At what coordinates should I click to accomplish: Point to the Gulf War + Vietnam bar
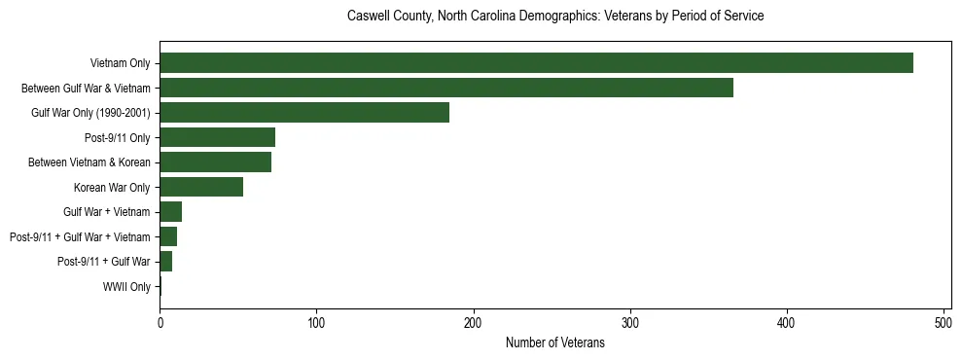click(171, 212)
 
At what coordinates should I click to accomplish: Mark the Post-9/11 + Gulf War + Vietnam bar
click(168, 236)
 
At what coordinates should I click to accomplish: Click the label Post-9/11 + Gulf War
click(103, 262)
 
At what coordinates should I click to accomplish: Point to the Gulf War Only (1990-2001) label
click(90, 113)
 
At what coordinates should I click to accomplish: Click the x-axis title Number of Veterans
click(554, 343)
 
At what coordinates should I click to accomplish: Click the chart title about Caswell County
click(554, 17)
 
